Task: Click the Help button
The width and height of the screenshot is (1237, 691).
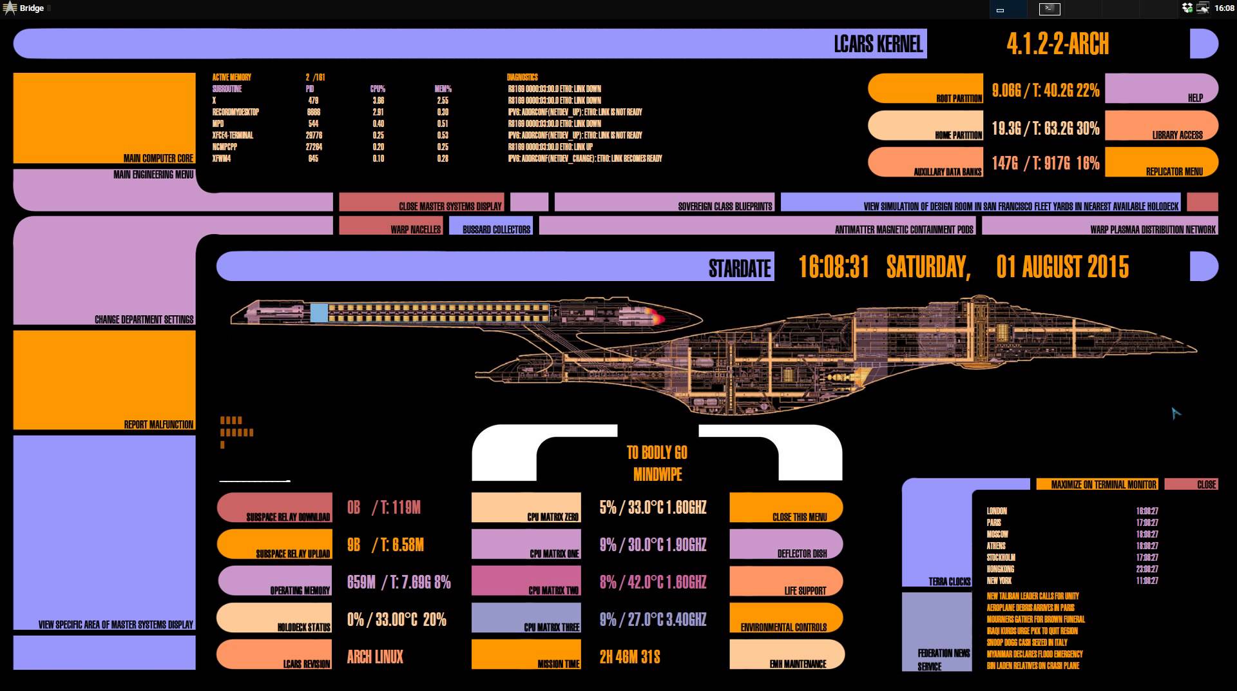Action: click(1161, 88)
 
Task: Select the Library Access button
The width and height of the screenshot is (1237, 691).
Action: click(1161, 126)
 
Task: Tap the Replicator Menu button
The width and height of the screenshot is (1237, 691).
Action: click(1161, 162)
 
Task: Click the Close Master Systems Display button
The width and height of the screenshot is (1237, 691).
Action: click(421, 202)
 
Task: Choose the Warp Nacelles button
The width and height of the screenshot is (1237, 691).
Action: click(391, 226)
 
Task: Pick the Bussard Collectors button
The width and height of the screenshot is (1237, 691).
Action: click(491, 226)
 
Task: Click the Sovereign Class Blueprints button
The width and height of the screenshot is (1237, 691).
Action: click(664, 202)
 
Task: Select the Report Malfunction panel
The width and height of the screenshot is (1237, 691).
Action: click(104, 380)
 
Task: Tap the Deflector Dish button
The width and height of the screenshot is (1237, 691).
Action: click(786, 545)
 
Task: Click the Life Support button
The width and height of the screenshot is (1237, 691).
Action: click(786, 581)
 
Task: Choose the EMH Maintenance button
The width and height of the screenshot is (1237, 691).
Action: click(786, 655)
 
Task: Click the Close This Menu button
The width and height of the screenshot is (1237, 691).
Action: click(786, 508)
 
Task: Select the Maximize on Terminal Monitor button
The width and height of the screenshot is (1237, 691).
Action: click(1097, 484)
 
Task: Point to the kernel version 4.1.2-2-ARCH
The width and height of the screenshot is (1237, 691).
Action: click(1057, 44)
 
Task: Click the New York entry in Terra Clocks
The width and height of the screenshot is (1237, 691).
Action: click(999, 581)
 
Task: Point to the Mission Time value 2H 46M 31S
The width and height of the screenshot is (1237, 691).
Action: click(629, 657)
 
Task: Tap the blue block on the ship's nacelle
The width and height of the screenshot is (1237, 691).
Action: click(319, 313)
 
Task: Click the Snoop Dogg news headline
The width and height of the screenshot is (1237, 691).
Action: click(1026, 643)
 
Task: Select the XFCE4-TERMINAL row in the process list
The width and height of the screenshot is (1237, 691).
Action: click(233, 135)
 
